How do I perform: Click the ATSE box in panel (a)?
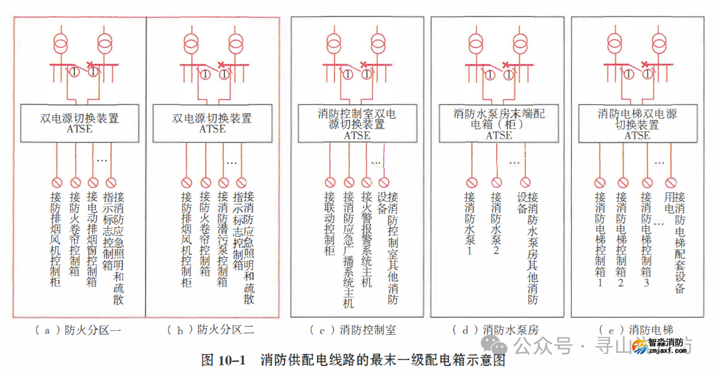pos(80,123)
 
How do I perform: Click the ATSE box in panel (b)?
pos(212,123)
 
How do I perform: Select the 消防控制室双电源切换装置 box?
pos(357,124)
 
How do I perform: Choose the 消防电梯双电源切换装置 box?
pos(637,124)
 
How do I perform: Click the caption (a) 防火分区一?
pos(80,330)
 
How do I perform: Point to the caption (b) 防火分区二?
pos(212,330)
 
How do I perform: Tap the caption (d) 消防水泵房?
pos(495,330)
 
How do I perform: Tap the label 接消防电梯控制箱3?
pos(645,239)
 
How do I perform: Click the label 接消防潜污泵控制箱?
pos(224,239)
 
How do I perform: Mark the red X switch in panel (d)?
pos(505,64)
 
